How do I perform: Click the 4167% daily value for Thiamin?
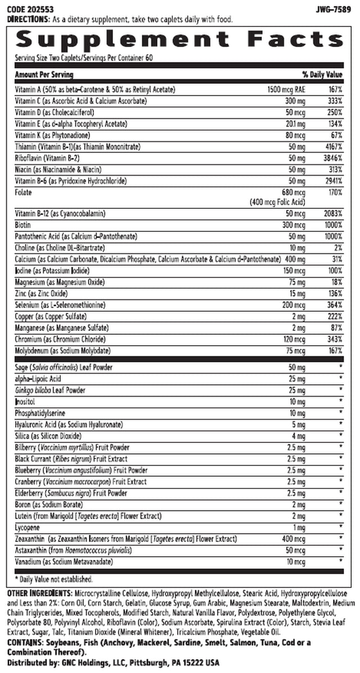[332, 147]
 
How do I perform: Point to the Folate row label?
[23, 192]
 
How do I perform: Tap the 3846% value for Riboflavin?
[332, 158]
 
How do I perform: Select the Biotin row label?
[23, 225]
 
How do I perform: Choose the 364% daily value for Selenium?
[334, 304]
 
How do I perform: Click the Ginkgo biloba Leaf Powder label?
[50, 390]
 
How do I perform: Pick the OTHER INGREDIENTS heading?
[35, 594]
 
